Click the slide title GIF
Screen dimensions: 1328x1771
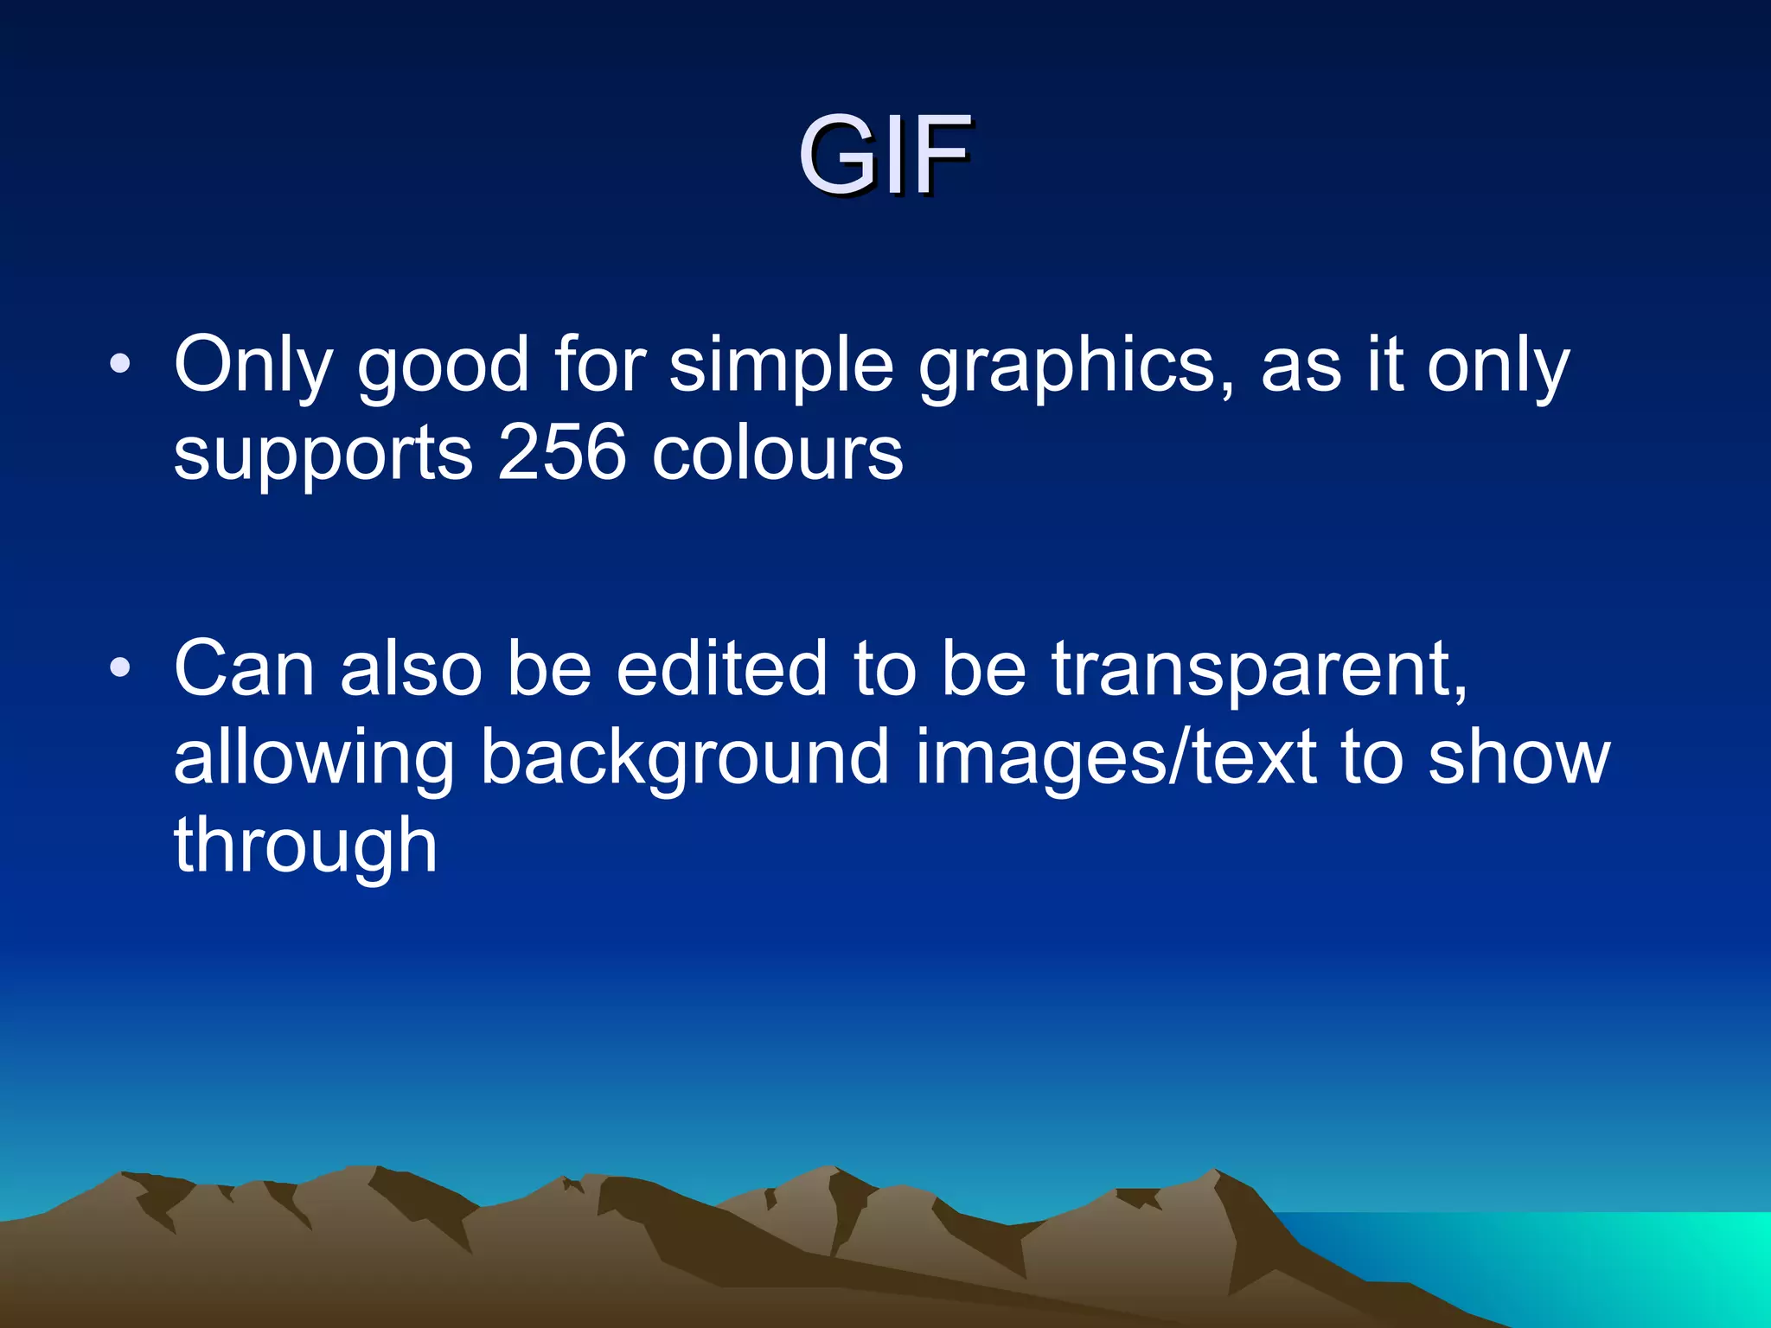(x=884, y=156)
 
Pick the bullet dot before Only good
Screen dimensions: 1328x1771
(x=120, y=364)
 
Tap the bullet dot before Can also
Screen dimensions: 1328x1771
(x=120, y=667)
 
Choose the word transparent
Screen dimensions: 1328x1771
(x=1259, y=671)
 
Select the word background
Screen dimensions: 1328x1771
(x=684, y=759)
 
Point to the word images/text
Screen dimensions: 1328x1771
(x=1116, y=757)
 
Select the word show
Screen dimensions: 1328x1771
(x=1518, y=757)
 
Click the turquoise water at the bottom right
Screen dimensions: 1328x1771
(x=1643, y=1262)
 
